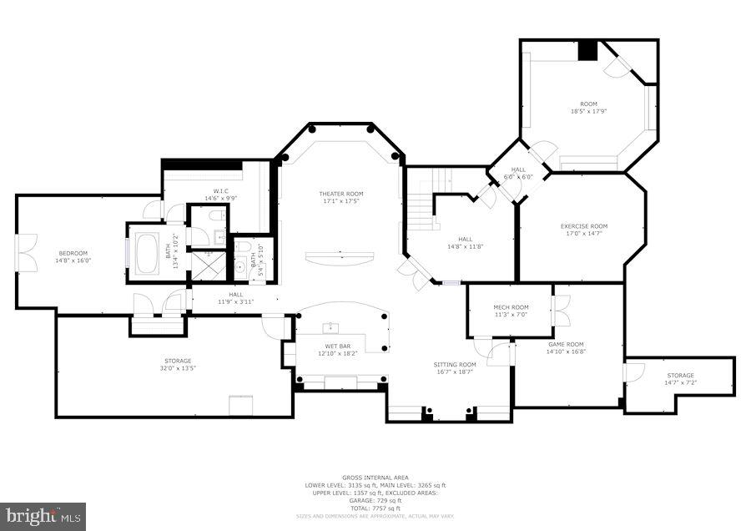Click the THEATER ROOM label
(x=341, y=194)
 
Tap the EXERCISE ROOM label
(x=583, y=226)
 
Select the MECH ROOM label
(x=511, y=307)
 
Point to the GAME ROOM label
(x=565, y=344)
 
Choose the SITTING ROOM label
(x=454, y=364)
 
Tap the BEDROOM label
(x=73, y=253)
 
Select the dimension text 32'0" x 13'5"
(x=176, y=368)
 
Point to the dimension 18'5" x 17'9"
(x=588, y=111)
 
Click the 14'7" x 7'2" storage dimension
(x=680, y=382)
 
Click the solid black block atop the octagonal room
(x=588, y=50)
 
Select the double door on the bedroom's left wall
(x=27, y=254)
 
